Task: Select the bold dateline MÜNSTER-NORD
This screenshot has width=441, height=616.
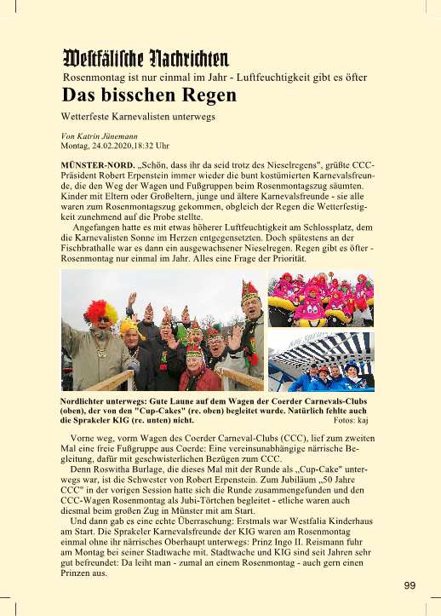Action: point(97,162)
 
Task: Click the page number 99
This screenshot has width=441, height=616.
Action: point(409,584)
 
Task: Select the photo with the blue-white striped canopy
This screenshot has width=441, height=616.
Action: point(320,360)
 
